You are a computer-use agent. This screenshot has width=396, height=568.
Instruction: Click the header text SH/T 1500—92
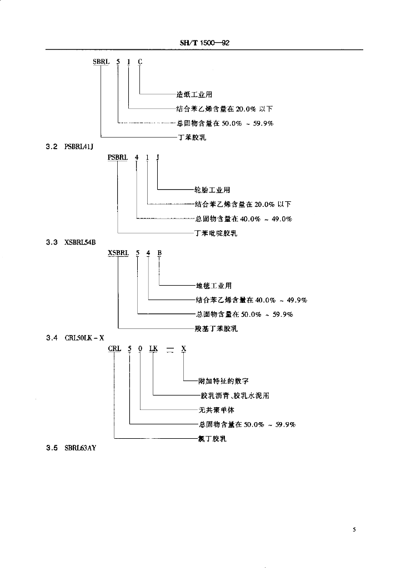(x=204, y=43)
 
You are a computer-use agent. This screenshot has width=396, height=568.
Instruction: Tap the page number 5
(x=354, y=530)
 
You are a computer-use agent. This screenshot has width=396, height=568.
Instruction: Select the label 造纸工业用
(x=194, y=94)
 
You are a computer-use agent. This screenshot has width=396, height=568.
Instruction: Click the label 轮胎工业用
(x=212, y=190)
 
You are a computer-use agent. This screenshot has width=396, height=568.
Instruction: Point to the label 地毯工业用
(x=214, y=286)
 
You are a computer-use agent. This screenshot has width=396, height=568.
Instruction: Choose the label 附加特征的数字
(x=223, y=381)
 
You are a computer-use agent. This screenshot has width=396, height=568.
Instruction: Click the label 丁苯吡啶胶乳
(x=216, y=233)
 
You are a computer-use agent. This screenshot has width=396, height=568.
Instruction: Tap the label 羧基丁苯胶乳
(x=217, y=328)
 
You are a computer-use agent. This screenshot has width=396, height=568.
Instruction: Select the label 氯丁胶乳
(x=212, y=439)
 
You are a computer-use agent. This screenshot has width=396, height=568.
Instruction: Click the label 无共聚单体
(x=217, y=410)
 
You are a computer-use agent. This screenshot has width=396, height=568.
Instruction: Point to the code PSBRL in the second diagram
(x=118, y=157)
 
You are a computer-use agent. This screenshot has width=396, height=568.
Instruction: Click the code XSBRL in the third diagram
(x=118, y=253)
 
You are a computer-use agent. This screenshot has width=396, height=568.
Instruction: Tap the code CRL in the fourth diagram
(x=114, y=348)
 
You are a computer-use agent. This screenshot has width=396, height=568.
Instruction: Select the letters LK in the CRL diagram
(x=153, y=348)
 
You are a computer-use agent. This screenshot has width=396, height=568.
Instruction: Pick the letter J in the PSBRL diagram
(x=158, y=157)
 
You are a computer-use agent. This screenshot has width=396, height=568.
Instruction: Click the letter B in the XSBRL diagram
(x=159, y=253)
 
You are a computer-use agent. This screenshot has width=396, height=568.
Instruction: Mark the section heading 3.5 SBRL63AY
(x=71, y=448)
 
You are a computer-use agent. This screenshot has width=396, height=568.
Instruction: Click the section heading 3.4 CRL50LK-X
(x=75, y=338)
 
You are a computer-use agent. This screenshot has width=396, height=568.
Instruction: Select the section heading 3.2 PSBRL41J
(x=69, y=146)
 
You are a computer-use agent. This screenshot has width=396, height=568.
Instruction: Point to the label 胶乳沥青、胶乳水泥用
(x=235, y=395)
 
